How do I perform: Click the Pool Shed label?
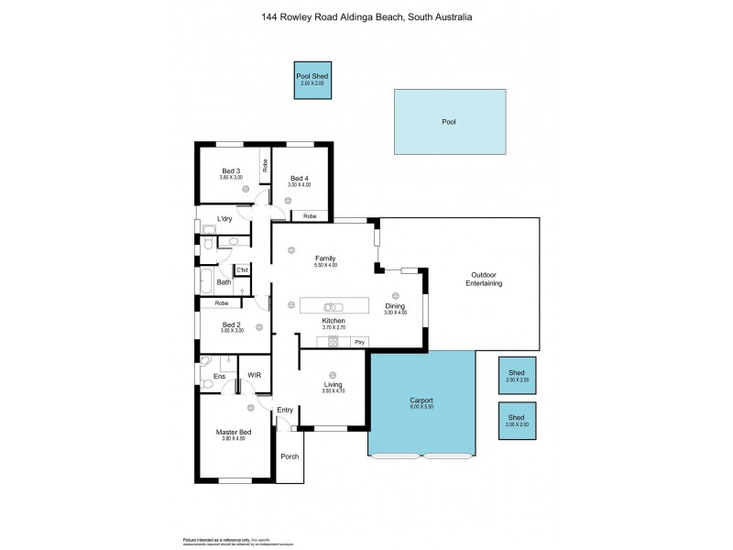312,76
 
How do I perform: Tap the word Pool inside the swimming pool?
448,121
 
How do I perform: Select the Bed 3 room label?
231,170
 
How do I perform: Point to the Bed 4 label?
300,178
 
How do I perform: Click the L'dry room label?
224,219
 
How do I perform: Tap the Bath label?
224,282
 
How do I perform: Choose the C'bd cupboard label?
243,269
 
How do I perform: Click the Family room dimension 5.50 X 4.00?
325,265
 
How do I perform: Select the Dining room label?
396,308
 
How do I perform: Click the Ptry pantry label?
347,342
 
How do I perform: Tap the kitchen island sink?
334,306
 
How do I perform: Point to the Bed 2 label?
231,324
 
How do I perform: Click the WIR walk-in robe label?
254,375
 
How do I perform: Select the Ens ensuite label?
219,376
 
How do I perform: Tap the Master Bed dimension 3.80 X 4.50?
235,438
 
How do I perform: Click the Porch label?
290,456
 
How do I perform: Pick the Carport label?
421,401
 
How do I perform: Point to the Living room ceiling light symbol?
333,375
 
